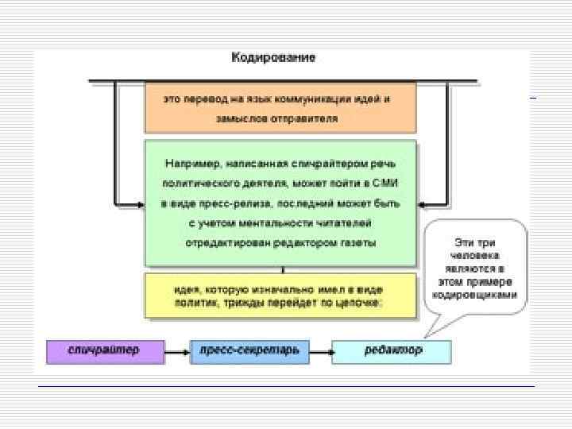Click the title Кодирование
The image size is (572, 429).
273,58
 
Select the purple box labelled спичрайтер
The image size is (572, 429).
104,350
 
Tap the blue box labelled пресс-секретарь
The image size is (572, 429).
250,350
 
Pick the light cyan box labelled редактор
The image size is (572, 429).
391,350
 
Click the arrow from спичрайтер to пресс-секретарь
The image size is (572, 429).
176,350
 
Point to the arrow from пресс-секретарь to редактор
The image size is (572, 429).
320,350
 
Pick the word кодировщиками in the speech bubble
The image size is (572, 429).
474,295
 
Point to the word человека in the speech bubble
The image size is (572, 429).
475,257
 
